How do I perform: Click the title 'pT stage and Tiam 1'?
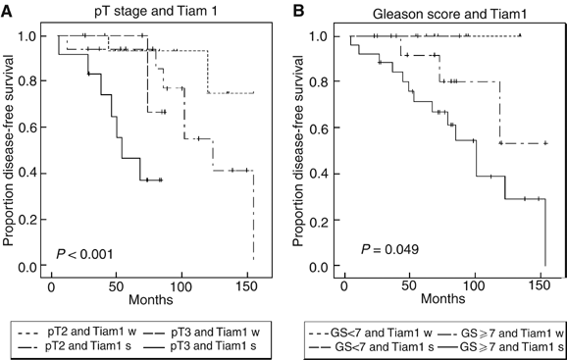(x=145, y=11)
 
